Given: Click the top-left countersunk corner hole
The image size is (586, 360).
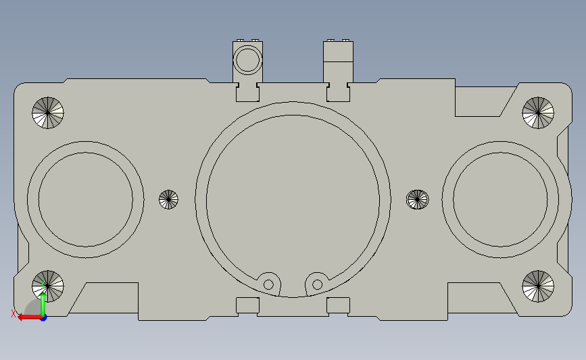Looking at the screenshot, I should tap(48, 113).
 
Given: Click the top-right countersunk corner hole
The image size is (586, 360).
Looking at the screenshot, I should tap(538, 112).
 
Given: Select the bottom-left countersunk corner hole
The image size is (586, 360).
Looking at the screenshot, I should tap(48, 286).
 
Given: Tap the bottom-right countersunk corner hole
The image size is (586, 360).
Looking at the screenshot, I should tap(538, 286).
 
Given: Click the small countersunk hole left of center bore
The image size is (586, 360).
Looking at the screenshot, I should tap(168, 199).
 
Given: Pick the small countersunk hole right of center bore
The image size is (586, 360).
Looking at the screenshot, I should tap(417, 199).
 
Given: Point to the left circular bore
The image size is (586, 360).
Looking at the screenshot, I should tap(85, 199).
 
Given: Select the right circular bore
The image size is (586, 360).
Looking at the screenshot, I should tap(500, 199).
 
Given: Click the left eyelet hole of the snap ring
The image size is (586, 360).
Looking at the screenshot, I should tap(269, 284).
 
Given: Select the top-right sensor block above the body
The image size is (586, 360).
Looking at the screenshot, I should tap(339, 61).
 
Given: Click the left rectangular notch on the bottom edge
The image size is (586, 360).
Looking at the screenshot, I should tap(247, 305).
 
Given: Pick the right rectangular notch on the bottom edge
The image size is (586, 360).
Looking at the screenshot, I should tap(338, 305).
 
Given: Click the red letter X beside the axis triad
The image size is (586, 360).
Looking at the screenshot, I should tap(14, 313).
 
